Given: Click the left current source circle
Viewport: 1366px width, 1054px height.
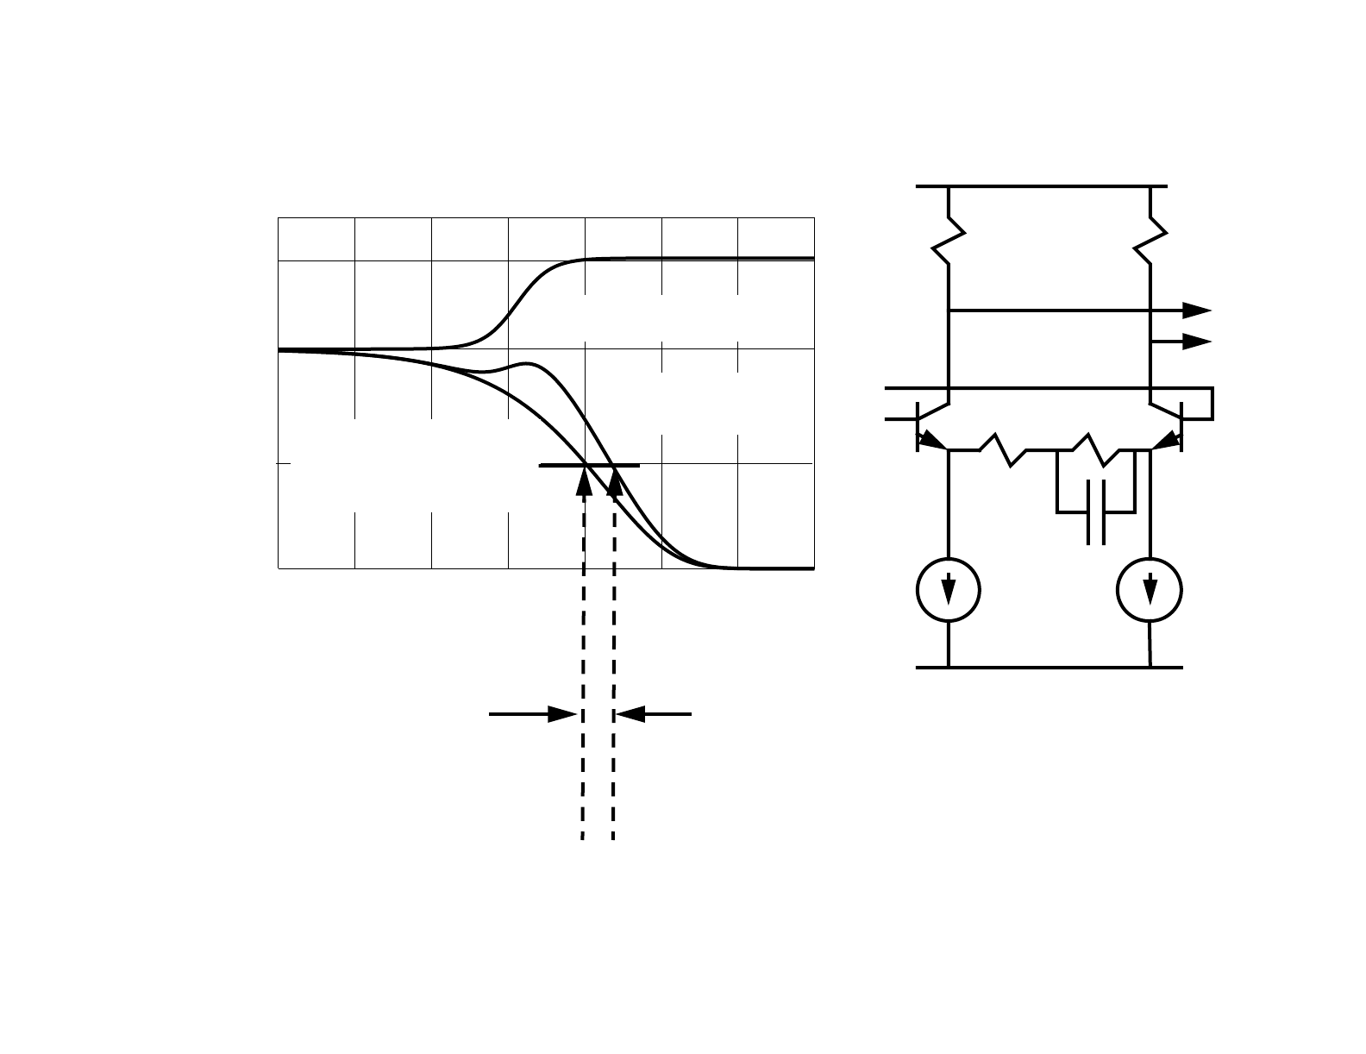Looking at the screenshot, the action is [x=948, y=590].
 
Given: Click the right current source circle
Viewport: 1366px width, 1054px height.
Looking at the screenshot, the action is [x=1150, y=590].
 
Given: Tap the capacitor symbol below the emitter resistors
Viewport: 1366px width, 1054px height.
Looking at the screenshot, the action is [x=1096, y=512].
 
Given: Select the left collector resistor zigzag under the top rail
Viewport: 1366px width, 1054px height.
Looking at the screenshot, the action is [x=949, y=238].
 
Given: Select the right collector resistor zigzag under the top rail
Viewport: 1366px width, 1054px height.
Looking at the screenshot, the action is [x=1150, y=238].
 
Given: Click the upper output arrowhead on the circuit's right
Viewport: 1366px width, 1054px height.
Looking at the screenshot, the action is [x=1197, y=311].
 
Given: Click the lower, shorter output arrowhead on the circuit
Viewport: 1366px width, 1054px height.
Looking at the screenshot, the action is [x=1197, y=342].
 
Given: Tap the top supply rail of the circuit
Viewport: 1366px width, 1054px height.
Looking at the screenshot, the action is [x=1042, y=186].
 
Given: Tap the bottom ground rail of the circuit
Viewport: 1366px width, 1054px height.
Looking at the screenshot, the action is [x=1048, y=667].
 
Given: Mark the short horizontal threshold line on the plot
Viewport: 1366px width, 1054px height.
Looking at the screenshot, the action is [x=589, y=465].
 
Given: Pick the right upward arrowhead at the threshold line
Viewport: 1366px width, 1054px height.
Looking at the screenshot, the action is [x=614, y=483].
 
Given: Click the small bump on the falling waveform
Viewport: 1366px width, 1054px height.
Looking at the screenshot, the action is [x=526, y=365].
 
